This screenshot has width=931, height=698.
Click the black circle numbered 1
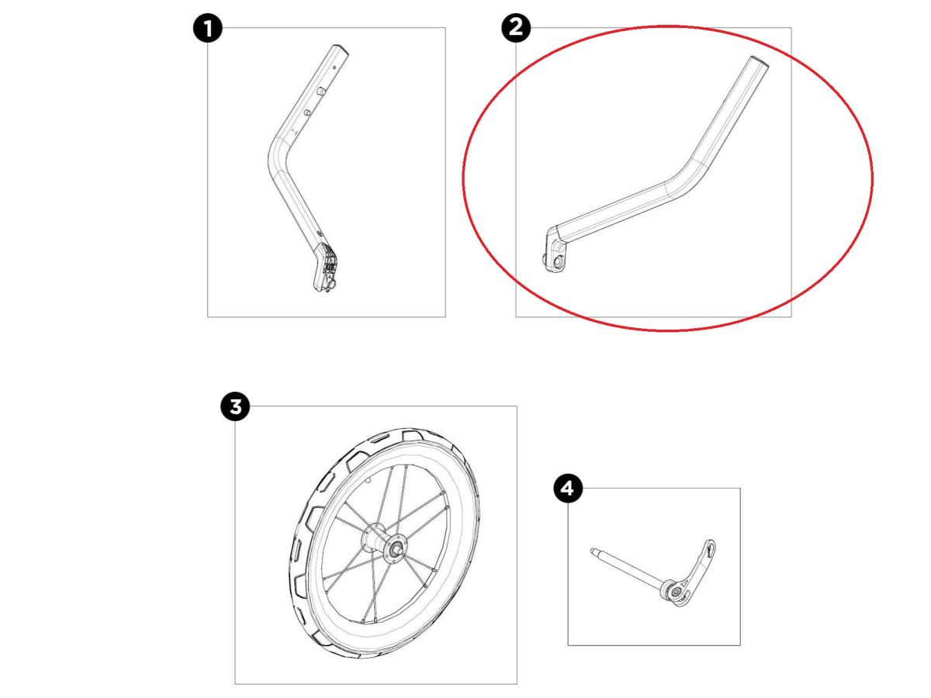click(x=208, y=29)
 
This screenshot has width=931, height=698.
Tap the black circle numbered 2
click(x=516, y=29)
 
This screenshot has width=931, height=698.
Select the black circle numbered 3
click(x=235, y=407)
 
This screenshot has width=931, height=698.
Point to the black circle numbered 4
click(x=569, y=489)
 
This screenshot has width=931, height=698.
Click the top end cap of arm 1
click(x=340, y=48)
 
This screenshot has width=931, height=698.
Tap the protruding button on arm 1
click(x=321, y=91)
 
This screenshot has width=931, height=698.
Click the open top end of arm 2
click(x=760, y=61)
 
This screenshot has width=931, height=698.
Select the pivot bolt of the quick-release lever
click(x=675, y=592)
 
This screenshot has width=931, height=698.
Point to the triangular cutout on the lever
click(x=709, y=550)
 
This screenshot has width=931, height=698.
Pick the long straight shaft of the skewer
click(x=628, y=568)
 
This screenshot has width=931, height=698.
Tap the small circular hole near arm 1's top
click(x=334, y=67)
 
